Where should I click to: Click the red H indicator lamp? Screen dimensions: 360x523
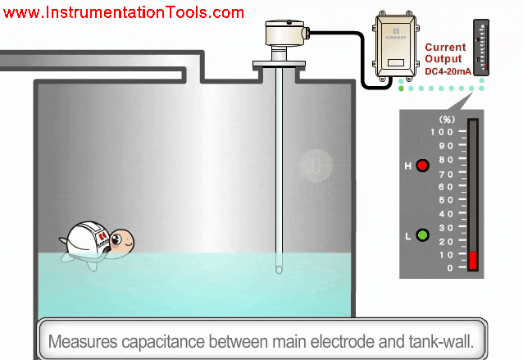click(x=423, y=166)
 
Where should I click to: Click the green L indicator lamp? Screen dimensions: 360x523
click(x=423, y=236)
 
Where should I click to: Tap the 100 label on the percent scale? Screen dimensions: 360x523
click(x=442, y=132)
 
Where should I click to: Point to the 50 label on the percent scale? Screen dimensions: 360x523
click(x=445, y=200)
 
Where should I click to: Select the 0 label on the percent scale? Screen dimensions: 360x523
click(x=448, y=268)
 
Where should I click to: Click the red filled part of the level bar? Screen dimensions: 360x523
click(x=473, y=261)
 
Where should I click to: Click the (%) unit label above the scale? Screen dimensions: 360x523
click(x=447, y=119)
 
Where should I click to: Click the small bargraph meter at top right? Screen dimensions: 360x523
click(x=480, y=48)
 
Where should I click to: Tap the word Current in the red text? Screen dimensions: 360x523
click(x=445, y=48)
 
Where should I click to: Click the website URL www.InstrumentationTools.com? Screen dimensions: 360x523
click(x=123, y=13)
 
